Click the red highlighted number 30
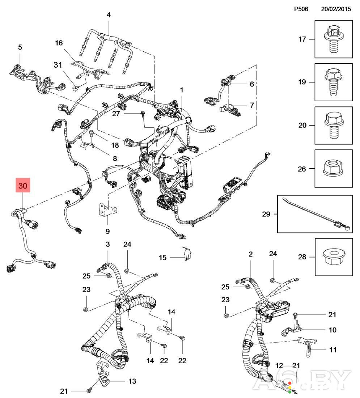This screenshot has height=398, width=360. point(23,186)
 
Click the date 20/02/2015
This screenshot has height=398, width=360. point(336,9)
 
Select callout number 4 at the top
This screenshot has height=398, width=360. point(109,15)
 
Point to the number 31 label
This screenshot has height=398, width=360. point(58,65)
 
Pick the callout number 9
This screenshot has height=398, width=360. point(107,231)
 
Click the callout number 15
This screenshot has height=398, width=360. point(163,257)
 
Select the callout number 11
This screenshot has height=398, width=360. point(333,350)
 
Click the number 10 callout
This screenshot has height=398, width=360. point(333,330)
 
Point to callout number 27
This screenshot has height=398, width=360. point(116,114)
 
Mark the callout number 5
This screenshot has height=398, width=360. point(20,47)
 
